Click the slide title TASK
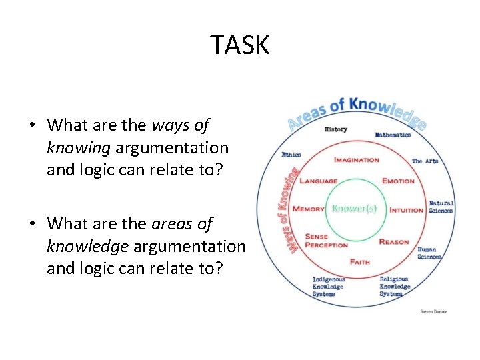click(240, 45)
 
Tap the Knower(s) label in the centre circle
click(354, 208)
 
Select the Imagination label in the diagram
click(356, 160)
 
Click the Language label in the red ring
click(318, 181)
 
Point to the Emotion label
click(398, 181)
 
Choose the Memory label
click(309, 209)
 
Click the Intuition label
click(407, 210)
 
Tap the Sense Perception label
click(326, 241)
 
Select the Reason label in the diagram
click(393, 241)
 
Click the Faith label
click(359, 262)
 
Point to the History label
click(335, 129)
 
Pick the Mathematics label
click(393, 135)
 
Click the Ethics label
click(291, 155)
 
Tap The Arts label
click(425, 161)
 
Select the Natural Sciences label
click(441, 207)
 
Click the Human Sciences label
click(429, 253)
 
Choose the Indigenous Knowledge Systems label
click(329, 287)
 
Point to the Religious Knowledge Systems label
click(395, 287)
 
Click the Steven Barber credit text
click(433, 311)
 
